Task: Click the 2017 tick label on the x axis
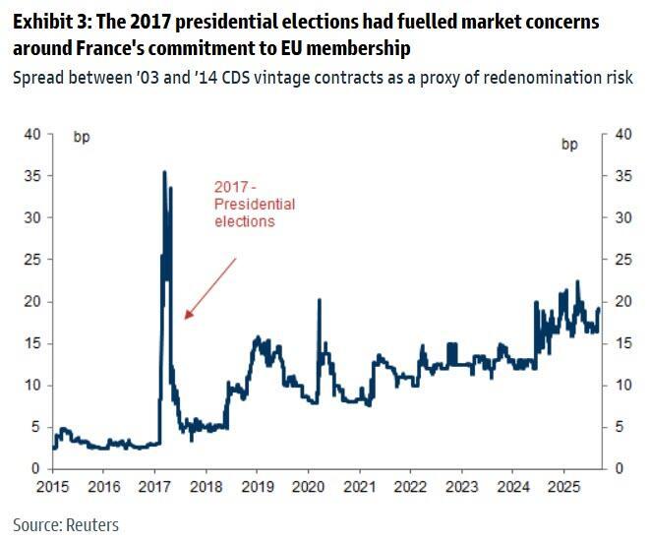click(155, 487)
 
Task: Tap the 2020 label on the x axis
click(309, 487)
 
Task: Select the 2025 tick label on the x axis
click(563, 487)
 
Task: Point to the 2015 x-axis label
click(53, 487)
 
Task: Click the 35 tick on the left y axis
click(32, 176)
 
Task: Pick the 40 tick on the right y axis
click(621, 135)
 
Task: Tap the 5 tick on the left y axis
click(36, 427)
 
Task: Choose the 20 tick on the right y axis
click(621, 302)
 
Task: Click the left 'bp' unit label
click(82, 137)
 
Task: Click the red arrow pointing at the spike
click(210, 287)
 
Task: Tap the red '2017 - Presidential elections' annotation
click(255, 204)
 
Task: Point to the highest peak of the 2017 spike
click(164, 172)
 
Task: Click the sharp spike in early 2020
click(320, 300)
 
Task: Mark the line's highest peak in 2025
click(577, 281)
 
